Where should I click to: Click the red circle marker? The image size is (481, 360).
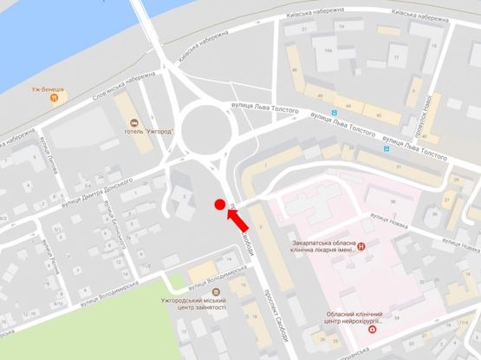pyautogui.click(x=220, y=206)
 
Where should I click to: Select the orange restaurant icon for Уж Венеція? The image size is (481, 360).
pyautogui.click(x=54, y=98)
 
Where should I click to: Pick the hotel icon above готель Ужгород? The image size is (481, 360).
pyautogui.click(x=133, y=121)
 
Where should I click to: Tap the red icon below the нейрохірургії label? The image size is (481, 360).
pyautogui.click(x=374, y=331)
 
